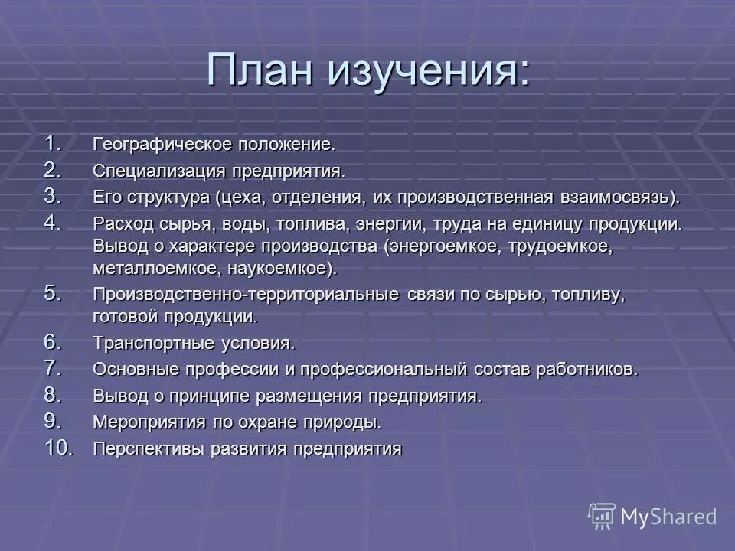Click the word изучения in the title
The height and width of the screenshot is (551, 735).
[x=429, y=72]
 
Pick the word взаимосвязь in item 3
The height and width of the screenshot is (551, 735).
[x=620, y=197]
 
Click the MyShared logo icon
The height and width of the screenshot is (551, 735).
[x=602, y=517]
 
